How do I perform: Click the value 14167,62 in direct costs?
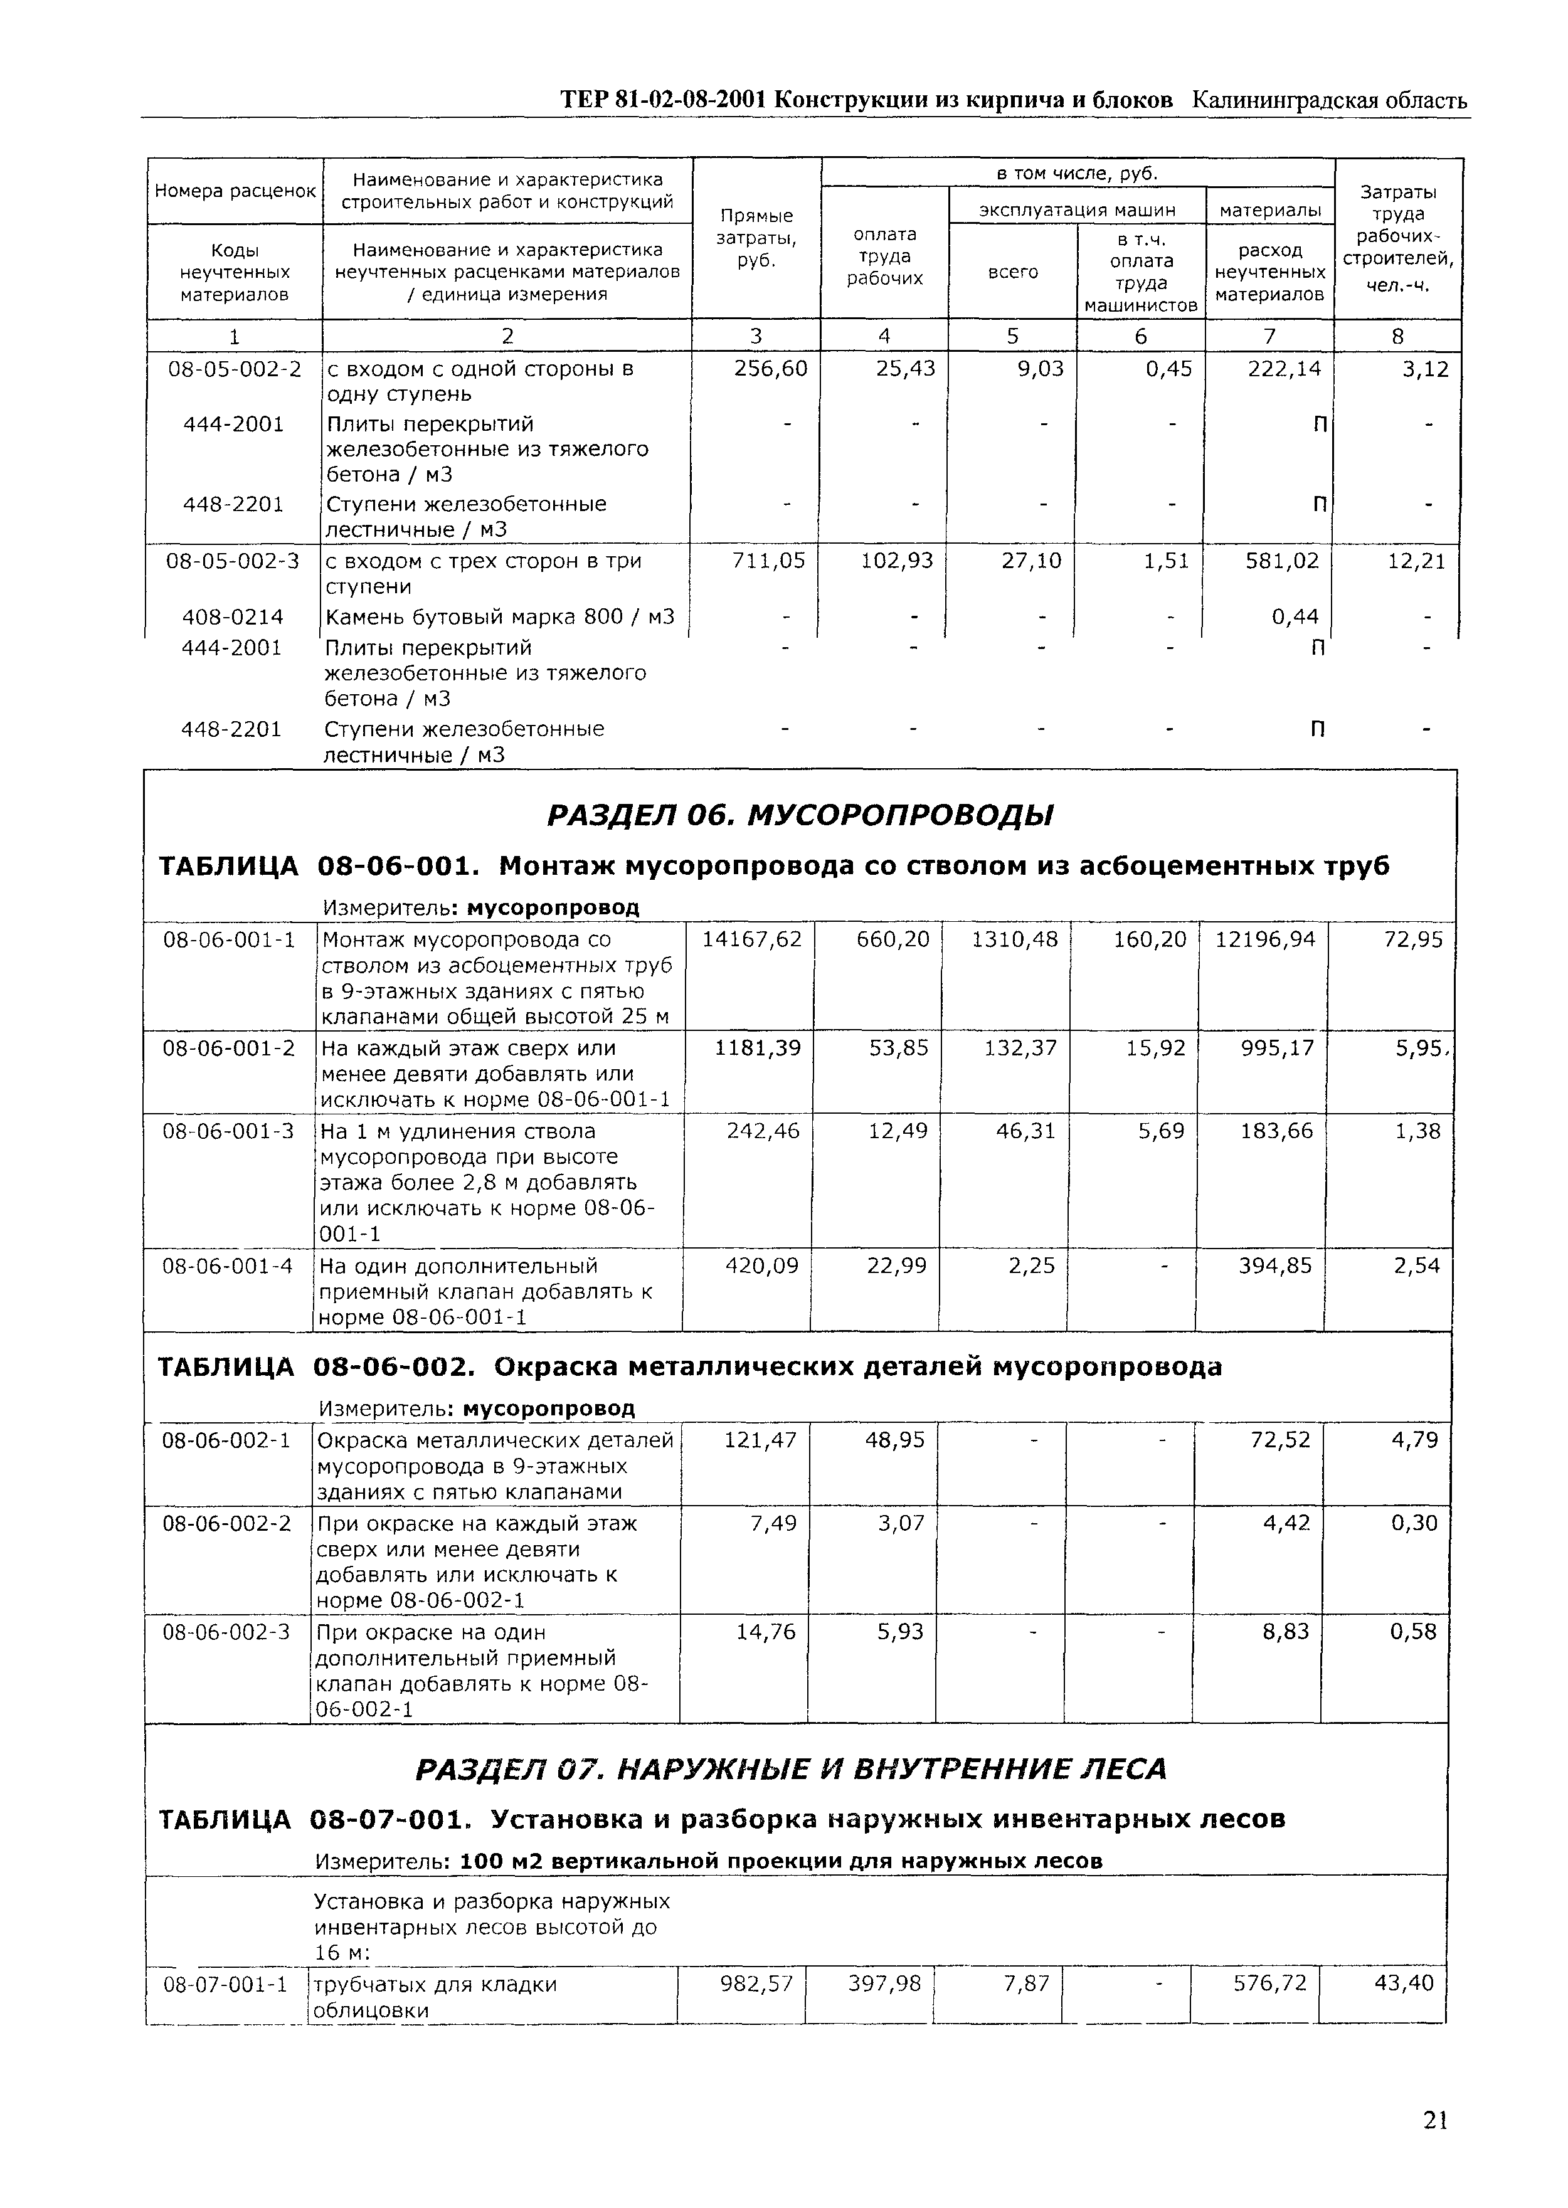[751, 938]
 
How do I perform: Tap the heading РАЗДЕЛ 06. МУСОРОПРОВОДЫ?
[800, 816]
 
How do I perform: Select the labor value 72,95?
[1414, 938]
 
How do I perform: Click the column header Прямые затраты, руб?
[756, 238]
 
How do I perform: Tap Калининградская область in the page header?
[1330, 100]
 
